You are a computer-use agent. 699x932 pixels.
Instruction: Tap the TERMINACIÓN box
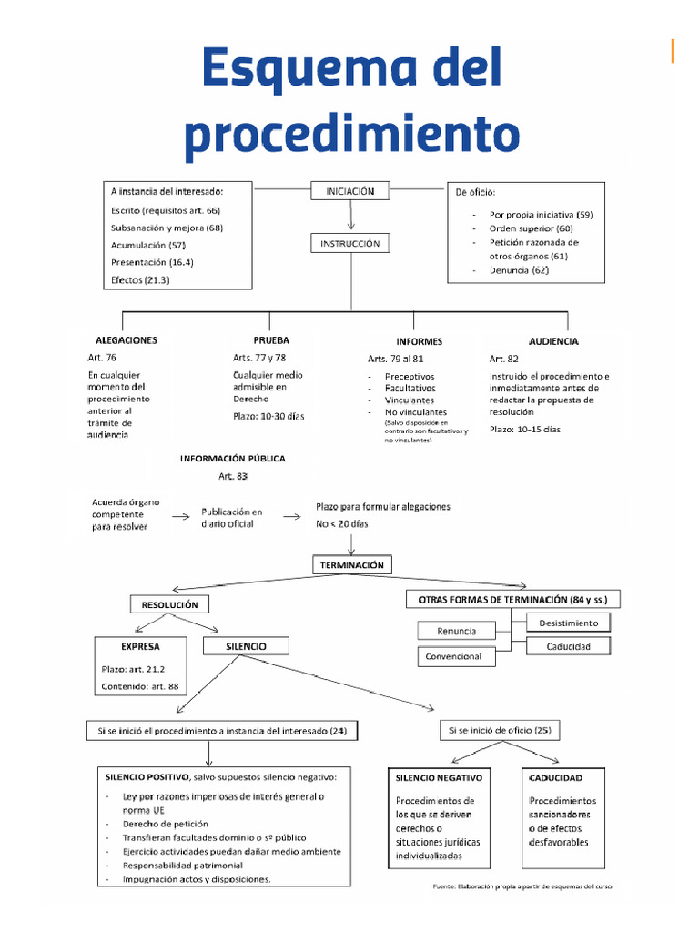point(352,565)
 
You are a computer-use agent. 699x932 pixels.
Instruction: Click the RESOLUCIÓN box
point(170,604)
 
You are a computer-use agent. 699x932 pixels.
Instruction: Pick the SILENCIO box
point(246,646)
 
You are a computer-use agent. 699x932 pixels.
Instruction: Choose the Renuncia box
point(458,631)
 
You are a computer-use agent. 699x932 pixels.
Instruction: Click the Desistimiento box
point(568,623)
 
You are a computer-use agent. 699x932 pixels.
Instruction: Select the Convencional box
point(459,656)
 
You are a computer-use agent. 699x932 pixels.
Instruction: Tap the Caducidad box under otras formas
point(568,646)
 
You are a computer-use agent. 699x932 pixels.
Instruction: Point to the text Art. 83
point(232,476)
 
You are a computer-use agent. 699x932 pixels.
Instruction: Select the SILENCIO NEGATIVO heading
point(440,778)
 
